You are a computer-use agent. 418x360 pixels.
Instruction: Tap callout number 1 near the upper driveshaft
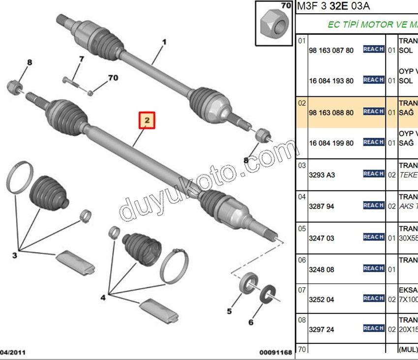[x=164, y=42]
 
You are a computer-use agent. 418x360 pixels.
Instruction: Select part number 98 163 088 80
[x=331, y=113]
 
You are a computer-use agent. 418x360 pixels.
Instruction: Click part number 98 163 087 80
[x=331, y=50]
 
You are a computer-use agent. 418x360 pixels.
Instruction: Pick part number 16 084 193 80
[x=331, y=81]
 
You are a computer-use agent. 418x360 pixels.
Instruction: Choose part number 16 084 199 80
[x=331, y=143]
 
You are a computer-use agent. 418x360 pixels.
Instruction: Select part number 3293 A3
[x=322, y=175]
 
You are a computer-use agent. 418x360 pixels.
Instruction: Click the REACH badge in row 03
[x=373, y=174]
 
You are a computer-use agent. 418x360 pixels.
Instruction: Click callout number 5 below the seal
[x=229, y=311]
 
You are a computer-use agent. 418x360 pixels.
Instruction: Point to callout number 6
[x=251, y=323]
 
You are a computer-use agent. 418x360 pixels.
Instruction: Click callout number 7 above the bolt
[x=82, y=59]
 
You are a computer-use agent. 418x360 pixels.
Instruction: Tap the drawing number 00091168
[x=276, y=353]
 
